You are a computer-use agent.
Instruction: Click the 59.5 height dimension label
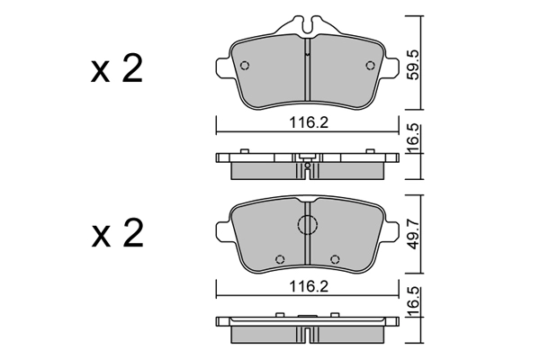412,65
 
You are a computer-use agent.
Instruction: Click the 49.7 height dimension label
412,235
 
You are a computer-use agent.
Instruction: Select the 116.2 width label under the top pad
309,122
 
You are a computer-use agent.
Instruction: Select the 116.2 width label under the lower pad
309,286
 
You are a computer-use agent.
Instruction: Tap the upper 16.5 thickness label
412,138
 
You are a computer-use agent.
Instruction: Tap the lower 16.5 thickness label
412,301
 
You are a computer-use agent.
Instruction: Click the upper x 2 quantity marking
116,69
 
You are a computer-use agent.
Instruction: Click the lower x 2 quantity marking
117,233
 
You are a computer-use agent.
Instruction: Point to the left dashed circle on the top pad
245,66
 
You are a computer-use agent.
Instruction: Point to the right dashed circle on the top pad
371,65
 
